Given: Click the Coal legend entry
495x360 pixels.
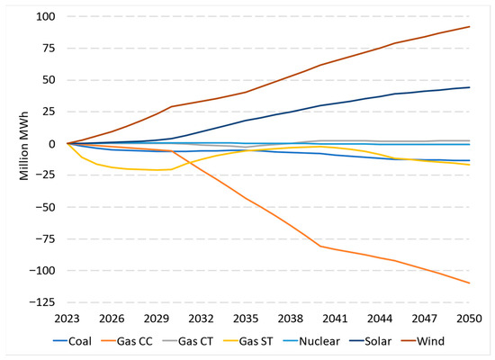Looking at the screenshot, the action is click(72, 341).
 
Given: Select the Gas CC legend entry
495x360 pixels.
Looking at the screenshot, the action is click(127, 341).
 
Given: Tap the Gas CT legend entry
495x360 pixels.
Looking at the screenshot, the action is click(188, 341).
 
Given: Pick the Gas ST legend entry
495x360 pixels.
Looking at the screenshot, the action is click(248, 341).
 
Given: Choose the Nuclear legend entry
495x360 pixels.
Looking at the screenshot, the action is click(311, 341).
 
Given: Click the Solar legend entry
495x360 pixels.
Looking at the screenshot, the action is click(371, 341).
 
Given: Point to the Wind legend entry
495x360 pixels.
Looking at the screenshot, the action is click(423, 341).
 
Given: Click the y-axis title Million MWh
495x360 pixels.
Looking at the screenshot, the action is click(24, 146).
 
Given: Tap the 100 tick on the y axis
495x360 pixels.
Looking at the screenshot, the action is click(46, 16).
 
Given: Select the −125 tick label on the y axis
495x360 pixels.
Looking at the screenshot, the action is click(42, 302).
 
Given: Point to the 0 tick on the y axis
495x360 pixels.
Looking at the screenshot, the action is click(52, 144).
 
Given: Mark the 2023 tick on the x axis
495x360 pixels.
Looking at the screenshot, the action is click(67, 319).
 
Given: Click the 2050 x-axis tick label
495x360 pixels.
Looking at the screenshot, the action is click(470, 319).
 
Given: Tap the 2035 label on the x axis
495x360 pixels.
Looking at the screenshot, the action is click(246, 319).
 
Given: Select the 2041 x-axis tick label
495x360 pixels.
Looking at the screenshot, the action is click(336, 319).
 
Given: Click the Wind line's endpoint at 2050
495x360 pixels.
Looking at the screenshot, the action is click(470, 27).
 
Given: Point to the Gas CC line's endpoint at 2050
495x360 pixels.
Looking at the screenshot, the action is click(470, 283).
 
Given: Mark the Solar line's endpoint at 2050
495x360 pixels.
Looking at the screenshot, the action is click(470, 87).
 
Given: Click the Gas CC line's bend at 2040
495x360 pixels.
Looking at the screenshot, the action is click(320, 246).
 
